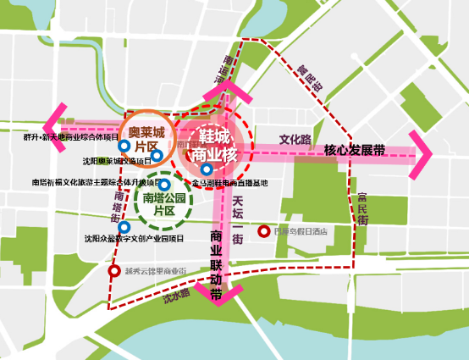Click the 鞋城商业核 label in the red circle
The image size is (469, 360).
pyautogui.click(x=212, y=144)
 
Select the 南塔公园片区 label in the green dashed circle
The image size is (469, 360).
pyautogui.click(x=164, y=204)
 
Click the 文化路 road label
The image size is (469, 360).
pyautogui.click(x=295, y=139)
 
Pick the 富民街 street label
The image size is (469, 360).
pyautogui.click(x=361, y=208)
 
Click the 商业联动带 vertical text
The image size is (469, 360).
pyautogui.click(x=216, y=254)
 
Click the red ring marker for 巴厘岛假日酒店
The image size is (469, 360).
pyautogui.click(x=263, y=230)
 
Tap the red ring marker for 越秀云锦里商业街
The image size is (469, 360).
pyautogui.click(x=114, y=271)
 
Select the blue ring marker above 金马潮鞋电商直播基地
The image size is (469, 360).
pyautogui.click(x=207, y=169)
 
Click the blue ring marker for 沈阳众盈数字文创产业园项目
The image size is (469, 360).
pyautogui.click(x=125, y=227)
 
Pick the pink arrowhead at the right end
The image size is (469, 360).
pyautogui.click(x=420, y=154)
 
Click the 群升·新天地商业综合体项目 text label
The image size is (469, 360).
pyautogui.click(x=71, y=136)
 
